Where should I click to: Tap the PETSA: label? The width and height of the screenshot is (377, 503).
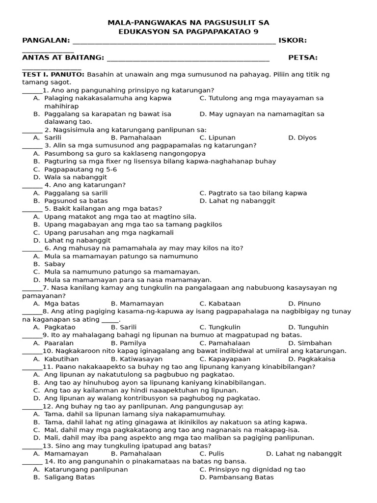(x=303, y=58)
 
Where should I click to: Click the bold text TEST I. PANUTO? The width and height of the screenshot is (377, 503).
(x=53, y=74)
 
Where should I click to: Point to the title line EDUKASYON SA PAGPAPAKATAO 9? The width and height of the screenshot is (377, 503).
(x=188, y=31)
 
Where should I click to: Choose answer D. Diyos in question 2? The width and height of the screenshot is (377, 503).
(x=302, y=138)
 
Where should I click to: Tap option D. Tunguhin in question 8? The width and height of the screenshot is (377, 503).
(x=306, y=327)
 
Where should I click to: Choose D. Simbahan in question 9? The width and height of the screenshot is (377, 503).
(x=310, y=343)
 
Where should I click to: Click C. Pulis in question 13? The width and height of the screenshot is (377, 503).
(x=212, y=454)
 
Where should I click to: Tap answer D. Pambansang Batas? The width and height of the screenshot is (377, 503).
(x=237, y=477)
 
